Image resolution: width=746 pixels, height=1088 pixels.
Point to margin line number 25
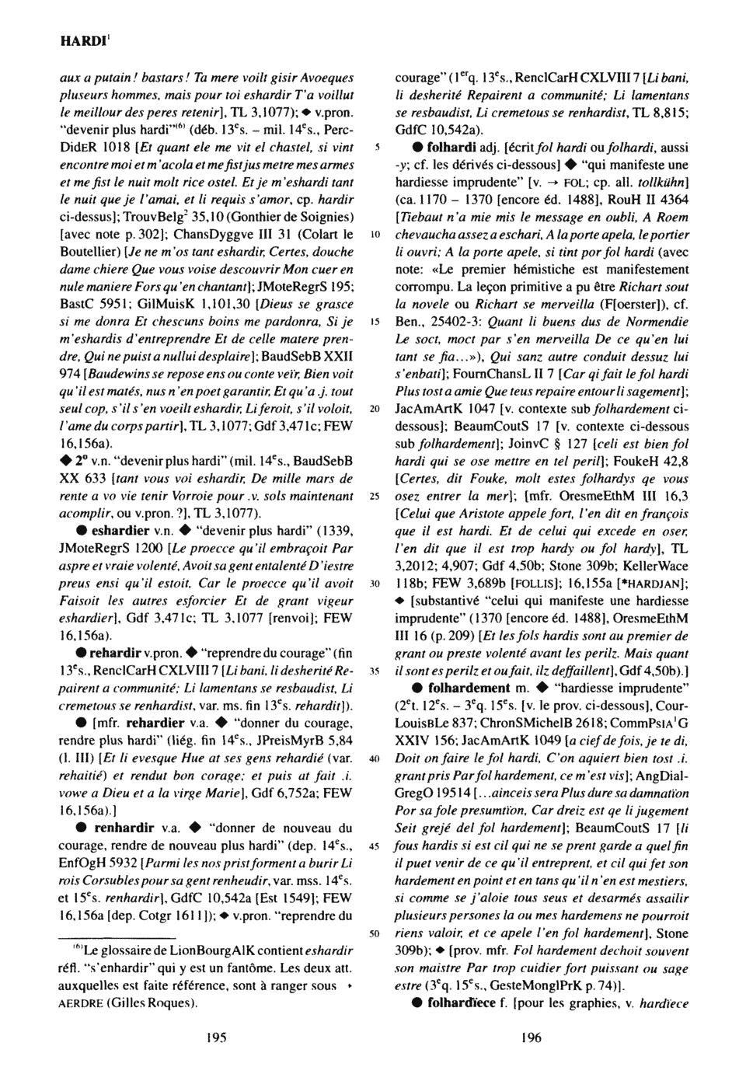(374, 496)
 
